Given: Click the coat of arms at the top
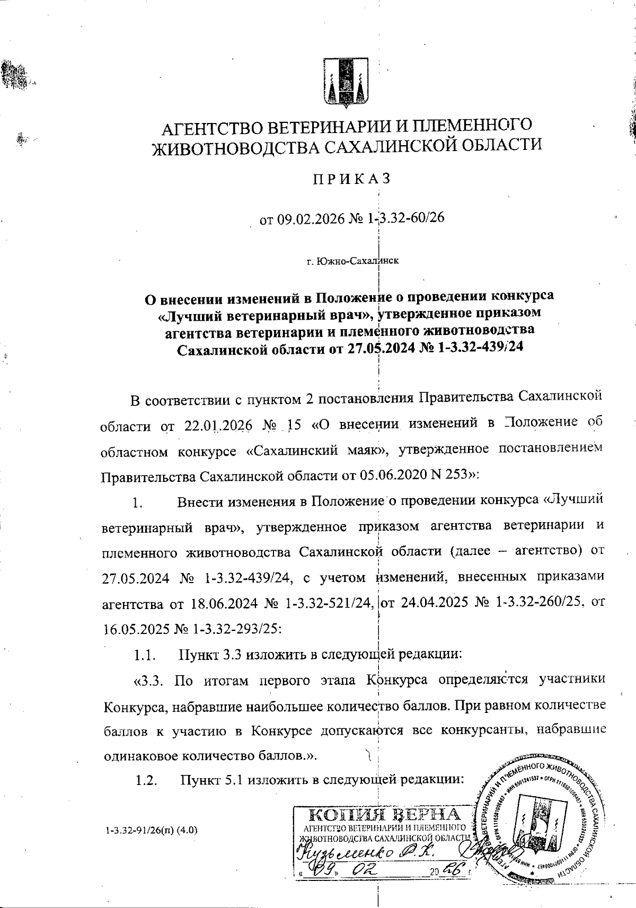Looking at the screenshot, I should [346, 83].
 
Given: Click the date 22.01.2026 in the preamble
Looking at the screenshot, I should [218, 426].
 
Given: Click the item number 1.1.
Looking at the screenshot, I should [144, 655].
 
